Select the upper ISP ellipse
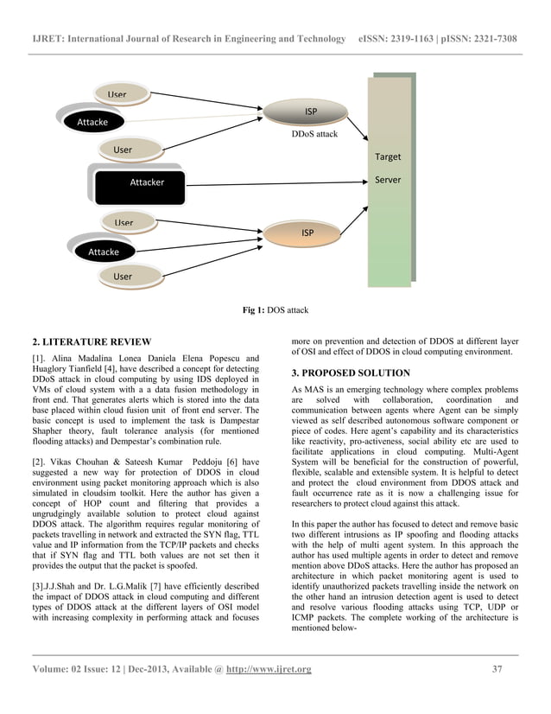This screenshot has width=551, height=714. click(x=310, y=112)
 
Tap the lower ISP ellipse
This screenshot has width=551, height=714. click(x=307, y=233)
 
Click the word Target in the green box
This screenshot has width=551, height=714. click(x=388, y=157)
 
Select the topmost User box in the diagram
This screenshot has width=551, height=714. click(x=117, y=94)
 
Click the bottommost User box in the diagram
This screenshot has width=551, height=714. click(x=123, y=277)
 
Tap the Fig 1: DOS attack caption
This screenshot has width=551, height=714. click(x=276, y=309)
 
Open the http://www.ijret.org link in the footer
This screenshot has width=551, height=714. click(x=269, y=669)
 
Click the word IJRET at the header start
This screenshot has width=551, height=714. click(x=49, y=40)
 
